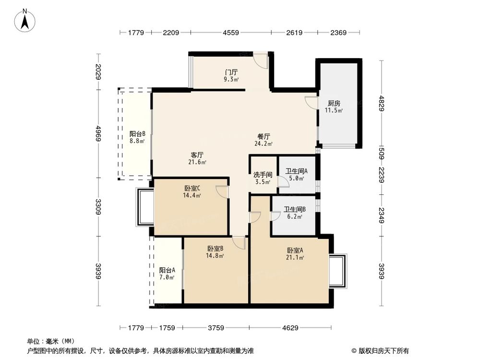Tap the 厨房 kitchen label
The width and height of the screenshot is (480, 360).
[334, 107]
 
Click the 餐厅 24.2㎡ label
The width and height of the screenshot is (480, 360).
[264, 139]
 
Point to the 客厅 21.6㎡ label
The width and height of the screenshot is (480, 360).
[197, 158]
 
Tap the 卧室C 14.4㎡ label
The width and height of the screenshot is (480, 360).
[192, 192]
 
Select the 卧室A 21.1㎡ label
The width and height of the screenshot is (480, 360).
[295, 253]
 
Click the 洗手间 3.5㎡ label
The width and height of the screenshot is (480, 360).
[263, 178]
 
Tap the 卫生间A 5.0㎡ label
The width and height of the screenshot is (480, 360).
[296, 174]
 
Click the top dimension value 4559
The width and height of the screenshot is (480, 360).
[231, 33]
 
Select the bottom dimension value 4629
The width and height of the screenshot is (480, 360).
[290, 328]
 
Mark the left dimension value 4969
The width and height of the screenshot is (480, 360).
[98, 133]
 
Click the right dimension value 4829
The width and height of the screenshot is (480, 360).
[382, 104]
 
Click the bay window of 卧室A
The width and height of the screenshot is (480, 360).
[338, 271]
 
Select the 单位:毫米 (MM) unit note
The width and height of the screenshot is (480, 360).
[48, 342]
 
